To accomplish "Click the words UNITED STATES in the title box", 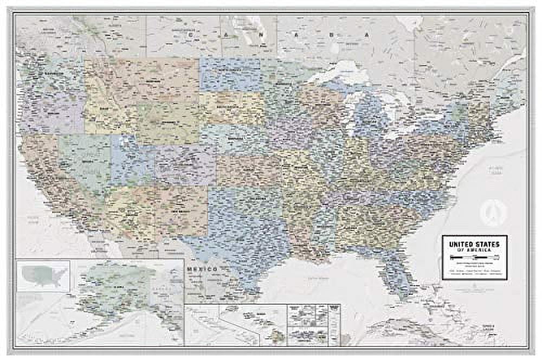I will [x=474, y=242].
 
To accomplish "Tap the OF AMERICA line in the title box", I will [x=474, y=249].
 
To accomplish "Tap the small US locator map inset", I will [x=43, y=275].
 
